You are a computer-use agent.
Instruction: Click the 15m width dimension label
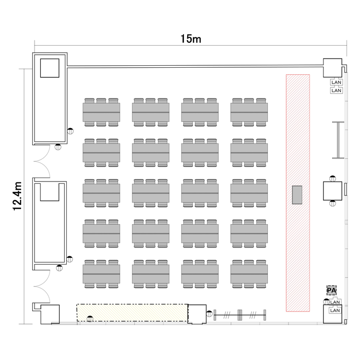click(191, 39)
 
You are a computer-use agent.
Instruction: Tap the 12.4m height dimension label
click(17, 196)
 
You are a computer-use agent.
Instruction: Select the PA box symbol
click(332, 290)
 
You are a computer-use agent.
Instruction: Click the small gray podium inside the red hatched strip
click(297, 195)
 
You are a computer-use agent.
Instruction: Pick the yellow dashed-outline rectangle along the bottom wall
click(132, 312)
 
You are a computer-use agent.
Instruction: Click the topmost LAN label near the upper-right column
click(336, 82)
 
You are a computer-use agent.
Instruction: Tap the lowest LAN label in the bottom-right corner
click(335, 311)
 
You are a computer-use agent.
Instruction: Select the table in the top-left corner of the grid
click(101, 112)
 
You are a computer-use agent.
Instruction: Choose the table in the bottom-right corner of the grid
click(249, 274)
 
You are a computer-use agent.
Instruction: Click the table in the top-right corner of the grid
click(249, 112)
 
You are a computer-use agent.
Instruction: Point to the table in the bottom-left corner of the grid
click(101, 274)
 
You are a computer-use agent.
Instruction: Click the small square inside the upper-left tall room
click(49, 68)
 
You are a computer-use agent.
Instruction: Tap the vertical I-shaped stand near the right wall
click(338, 140)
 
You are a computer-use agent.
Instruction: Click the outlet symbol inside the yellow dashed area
click(90, 319)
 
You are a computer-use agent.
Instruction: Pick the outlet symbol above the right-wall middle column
click(333, 179)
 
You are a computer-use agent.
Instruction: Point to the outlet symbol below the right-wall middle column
click(333, 203)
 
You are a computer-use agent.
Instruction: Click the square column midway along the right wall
click(333, 191)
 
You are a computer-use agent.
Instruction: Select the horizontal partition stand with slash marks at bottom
click(240, 315)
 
